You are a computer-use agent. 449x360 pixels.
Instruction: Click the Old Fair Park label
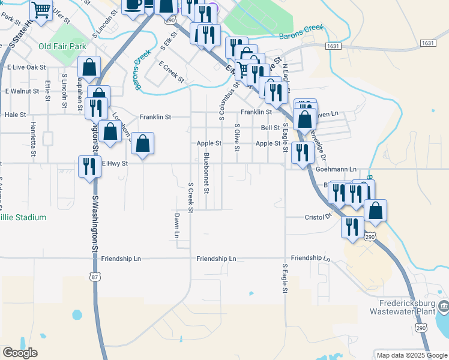coord(62,46)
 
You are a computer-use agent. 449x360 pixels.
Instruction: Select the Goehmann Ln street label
coord(336,170)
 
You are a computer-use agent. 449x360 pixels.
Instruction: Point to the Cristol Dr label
coord(318,217)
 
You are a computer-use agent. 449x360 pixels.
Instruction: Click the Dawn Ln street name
coord(177,225)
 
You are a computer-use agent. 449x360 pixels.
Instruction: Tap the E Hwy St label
coord(115,163)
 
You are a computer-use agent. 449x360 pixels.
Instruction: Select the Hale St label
coord(15,114)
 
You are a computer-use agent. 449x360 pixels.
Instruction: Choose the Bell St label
coord(270,128)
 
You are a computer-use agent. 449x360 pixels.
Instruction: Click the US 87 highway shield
coord(94,277)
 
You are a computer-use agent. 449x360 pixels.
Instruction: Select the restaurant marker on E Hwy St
coord(89,166)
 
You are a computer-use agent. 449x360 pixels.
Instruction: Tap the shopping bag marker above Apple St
coord(142,144)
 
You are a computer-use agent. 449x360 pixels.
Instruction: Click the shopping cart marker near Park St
coord(41,10)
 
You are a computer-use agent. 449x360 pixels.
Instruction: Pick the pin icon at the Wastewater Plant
coord(443,308)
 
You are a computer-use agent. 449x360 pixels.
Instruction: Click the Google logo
coord(20,353)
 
